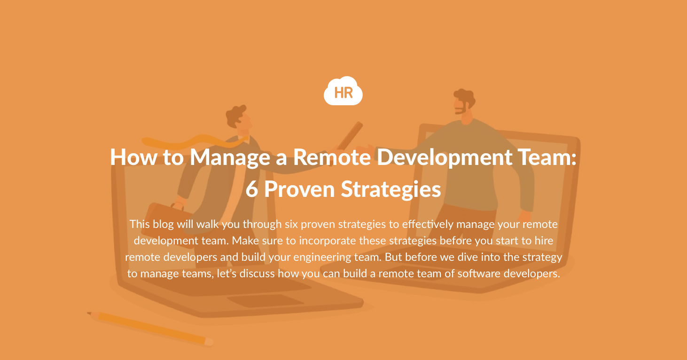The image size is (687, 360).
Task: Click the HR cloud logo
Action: [343, 91]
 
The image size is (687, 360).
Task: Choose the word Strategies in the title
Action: [391, 189]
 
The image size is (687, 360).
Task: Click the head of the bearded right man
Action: [463, 106]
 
